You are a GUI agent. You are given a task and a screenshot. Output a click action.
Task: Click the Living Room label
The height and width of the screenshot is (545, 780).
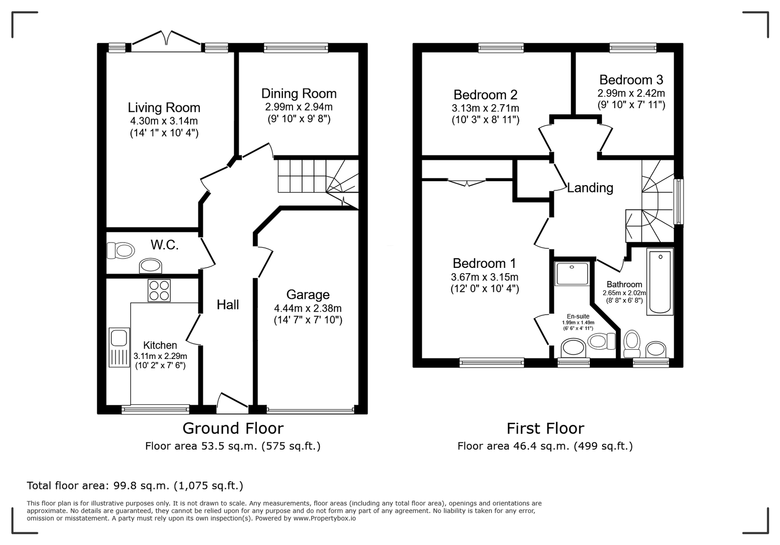point(164,108)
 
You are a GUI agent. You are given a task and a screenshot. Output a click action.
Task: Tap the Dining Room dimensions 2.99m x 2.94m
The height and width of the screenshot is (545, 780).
point(299,107)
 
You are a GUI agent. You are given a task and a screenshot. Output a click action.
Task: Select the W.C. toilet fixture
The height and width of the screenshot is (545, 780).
point(120,250)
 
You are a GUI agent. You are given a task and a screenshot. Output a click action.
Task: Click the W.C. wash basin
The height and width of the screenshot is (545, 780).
point(151,266)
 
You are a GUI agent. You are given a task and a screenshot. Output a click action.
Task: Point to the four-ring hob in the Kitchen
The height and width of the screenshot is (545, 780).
point(159,290)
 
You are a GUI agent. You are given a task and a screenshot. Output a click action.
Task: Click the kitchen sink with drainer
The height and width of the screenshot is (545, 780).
point(119,347)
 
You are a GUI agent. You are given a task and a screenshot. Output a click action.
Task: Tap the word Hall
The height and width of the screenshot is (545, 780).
point(228,305)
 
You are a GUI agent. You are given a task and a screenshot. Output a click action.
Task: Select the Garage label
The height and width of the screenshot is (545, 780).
point(308,295)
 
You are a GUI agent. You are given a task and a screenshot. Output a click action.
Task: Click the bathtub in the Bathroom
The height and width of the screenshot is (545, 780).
point(660,282)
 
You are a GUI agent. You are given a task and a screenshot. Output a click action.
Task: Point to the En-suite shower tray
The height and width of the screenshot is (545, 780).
point(572,274)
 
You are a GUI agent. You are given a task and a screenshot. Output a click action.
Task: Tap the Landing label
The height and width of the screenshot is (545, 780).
point(590,188)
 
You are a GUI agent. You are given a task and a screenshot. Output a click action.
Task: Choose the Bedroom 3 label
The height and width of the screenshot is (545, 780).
point(631,80)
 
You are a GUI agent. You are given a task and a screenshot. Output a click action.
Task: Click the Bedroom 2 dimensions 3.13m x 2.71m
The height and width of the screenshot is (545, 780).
point(486,108)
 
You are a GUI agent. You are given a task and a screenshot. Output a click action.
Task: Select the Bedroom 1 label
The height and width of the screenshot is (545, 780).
point(484,263)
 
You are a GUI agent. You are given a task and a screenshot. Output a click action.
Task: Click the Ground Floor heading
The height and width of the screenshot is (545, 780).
point(233,429)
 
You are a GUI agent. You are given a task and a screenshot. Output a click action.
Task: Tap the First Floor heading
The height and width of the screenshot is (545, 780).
point(546,429)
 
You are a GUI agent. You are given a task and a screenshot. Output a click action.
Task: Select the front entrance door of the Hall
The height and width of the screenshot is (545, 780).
point(232,403)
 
